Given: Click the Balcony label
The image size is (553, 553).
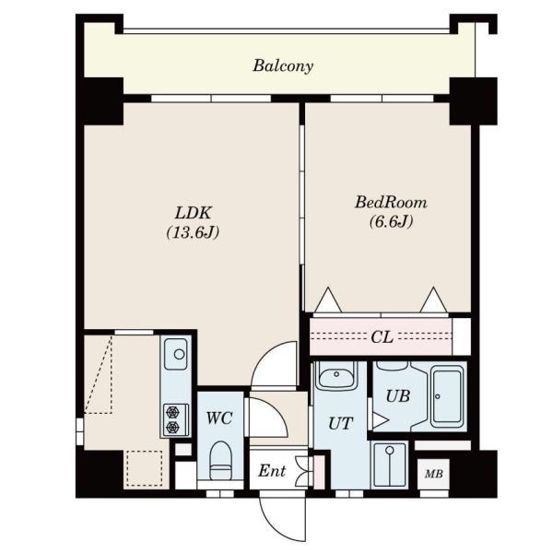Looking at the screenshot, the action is (x=283, y=66).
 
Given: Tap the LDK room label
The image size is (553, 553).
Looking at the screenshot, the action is (x=194, y=213).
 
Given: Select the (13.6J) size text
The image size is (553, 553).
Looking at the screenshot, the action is (x=193, y=232).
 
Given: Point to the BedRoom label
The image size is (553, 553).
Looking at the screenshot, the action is (x=391, y=203).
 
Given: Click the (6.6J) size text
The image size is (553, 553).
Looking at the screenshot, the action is (x=391, y=222).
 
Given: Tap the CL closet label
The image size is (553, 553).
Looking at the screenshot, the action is (x=382, y=337).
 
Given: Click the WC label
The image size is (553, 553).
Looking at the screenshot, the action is (x=219, y=418).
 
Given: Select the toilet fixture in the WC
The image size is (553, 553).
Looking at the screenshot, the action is (x=220, y=461).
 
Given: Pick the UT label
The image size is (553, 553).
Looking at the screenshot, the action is (x=340, y=423).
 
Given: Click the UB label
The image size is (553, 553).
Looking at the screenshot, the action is (x=398, y=396).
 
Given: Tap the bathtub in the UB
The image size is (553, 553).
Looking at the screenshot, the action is (x=447, y=396).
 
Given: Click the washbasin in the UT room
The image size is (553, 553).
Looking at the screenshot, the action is (x=336, y=375).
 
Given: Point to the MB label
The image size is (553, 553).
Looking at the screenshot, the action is (x=434, y=474).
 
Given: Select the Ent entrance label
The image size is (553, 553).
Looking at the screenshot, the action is (x=272, y=471).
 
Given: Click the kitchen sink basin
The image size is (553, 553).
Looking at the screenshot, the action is (x=176, y=354).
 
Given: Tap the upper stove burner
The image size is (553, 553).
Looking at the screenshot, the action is (x=173, y=412).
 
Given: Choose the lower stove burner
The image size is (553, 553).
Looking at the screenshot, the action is (x=173, y=427).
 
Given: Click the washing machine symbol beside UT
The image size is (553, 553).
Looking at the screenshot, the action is (x=389, y=465).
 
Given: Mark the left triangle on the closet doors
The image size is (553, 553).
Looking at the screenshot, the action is (x=328, y=300).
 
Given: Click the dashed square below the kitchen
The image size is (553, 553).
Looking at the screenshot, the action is (x=145, y=468).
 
